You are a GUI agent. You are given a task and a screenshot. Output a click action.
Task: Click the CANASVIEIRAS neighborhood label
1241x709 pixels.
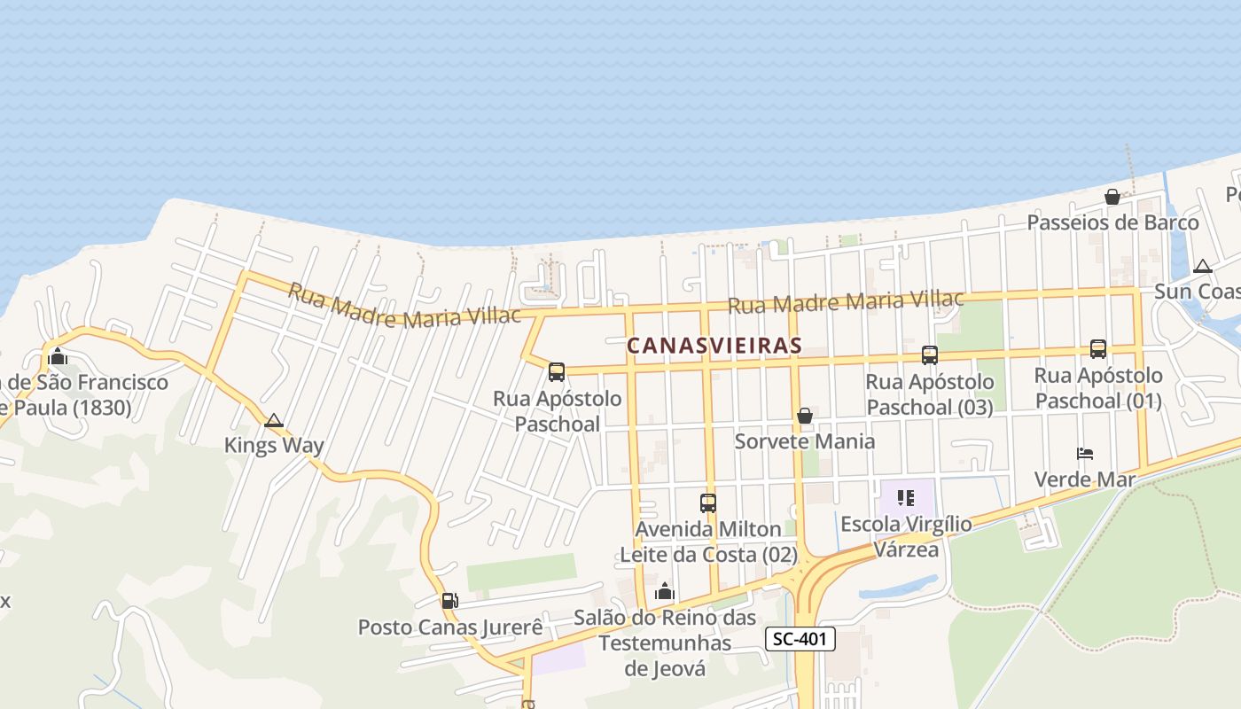[714, 346]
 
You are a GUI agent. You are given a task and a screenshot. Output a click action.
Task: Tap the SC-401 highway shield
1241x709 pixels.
[800, 639]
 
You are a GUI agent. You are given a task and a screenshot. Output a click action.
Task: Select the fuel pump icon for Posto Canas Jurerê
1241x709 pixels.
[450, 601]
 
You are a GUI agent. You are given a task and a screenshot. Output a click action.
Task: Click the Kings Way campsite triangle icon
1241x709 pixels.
[274, 420]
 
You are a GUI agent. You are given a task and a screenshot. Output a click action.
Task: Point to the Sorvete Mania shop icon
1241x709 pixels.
[805, 416]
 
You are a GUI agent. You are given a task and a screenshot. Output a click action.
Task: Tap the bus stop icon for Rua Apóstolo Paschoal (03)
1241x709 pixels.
[930, 355]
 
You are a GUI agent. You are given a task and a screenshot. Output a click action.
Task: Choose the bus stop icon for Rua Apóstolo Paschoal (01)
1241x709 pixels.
[1098, 349]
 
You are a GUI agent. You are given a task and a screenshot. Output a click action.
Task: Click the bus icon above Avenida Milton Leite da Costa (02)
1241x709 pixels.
[708, 503]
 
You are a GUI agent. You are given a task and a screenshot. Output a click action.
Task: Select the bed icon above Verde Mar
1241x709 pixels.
[1085, 454]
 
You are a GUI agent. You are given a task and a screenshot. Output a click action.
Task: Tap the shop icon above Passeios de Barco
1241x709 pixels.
[1112, 197]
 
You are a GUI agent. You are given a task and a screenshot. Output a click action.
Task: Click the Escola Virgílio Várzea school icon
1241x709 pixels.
[905, 498]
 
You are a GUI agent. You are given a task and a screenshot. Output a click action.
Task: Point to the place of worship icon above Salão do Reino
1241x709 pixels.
[665, 591]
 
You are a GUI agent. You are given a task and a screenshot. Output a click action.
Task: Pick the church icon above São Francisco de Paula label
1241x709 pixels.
[59, 357]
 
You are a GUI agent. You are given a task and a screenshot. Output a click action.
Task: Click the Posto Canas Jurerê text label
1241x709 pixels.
[449, 627]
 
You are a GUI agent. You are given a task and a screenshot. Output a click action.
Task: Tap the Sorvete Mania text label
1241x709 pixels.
[805, 441]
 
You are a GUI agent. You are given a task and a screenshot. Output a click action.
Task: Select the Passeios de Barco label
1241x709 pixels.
[1112, 222]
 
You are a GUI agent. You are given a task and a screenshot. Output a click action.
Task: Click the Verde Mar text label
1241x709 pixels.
[1085, 479]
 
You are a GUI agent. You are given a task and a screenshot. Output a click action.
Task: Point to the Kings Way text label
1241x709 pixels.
[274, 445]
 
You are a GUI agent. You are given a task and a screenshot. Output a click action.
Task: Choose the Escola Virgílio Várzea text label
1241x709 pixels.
[906, 536]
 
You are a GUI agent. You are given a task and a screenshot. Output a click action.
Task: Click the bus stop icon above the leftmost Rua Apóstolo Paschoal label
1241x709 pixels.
[557, 372]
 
